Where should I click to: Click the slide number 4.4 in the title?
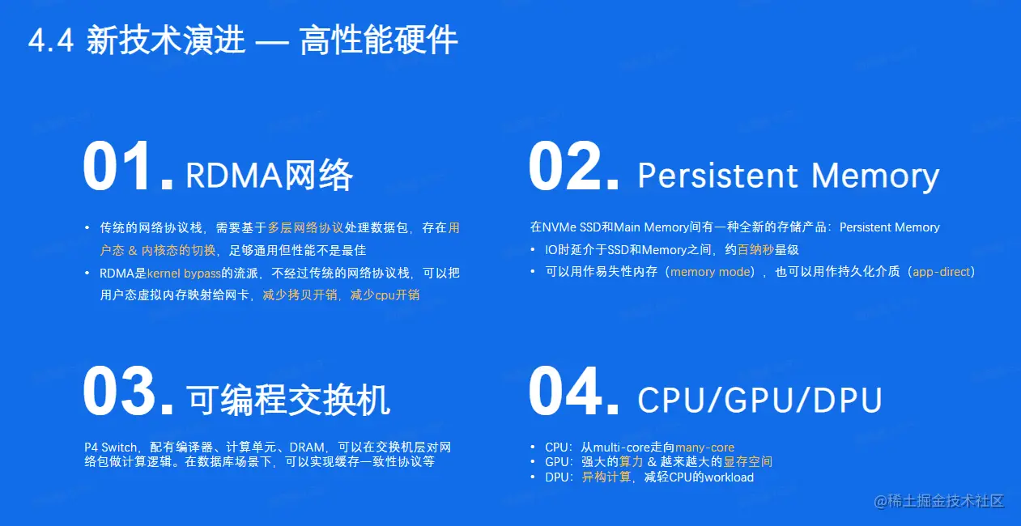coord(50,40)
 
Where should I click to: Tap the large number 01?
coord(128,166)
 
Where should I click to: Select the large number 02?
coord(574,166)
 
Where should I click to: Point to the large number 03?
coord(128,391)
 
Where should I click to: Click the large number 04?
coord(574,391)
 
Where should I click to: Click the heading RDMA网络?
coord(270,175)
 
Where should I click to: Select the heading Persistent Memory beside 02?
coord(789,176)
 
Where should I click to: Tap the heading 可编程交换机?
coord(288,401)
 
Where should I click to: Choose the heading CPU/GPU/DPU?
coord(759,401)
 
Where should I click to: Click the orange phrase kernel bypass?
coord(184,274)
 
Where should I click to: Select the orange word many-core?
coord(704,448)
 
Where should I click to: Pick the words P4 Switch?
coord(110,448)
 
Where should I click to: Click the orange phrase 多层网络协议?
coord(305,227)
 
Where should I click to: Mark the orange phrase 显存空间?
coord(748,462)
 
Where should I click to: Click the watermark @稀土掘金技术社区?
coord(939,502)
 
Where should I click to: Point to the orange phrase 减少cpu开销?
coord(385,295)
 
